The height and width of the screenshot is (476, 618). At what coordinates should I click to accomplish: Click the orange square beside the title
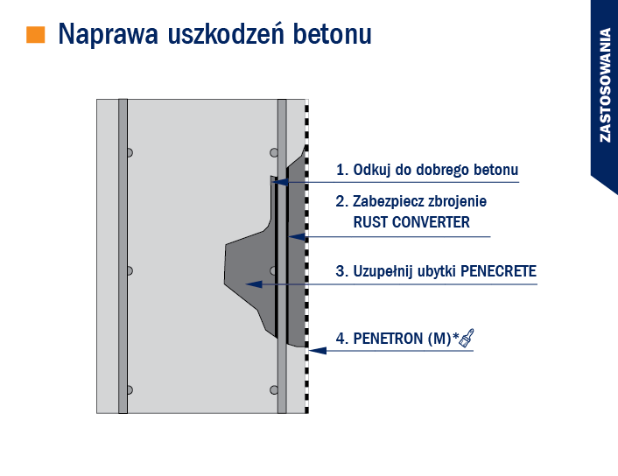[36, 34]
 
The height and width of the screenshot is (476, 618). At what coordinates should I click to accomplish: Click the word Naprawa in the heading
[109, 34]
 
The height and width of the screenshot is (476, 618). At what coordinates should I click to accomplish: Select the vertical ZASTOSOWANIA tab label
[605, 85]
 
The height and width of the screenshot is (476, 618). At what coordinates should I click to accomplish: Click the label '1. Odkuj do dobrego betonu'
[427, 170]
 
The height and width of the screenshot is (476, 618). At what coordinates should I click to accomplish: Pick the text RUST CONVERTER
[411, 222]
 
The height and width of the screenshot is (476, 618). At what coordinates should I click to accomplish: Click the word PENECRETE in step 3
[499, 271]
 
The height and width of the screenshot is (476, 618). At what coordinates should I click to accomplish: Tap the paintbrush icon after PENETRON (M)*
[467, 338]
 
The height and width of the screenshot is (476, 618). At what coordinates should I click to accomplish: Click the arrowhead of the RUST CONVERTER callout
[297, 237]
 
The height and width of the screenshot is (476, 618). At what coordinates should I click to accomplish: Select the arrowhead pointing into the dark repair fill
[254, 283]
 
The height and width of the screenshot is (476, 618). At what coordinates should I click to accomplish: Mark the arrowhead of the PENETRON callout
[318, 350]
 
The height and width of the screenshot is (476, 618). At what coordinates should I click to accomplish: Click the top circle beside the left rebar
[130, 152]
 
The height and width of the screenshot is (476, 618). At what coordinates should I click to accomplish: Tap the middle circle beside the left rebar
[130, 270]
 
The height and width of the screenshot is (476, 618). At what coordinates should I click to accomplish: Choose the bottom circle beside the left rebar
[130, 390]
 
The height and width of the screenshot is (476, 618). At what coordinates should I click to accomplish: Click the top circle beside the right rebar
[274, 152]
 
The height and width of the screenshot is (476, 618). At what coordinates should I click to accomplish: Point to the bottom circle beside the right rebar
[274, 390]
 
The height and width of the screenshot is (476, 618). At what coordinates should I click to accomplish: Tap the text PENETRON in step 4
[389, 339]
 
